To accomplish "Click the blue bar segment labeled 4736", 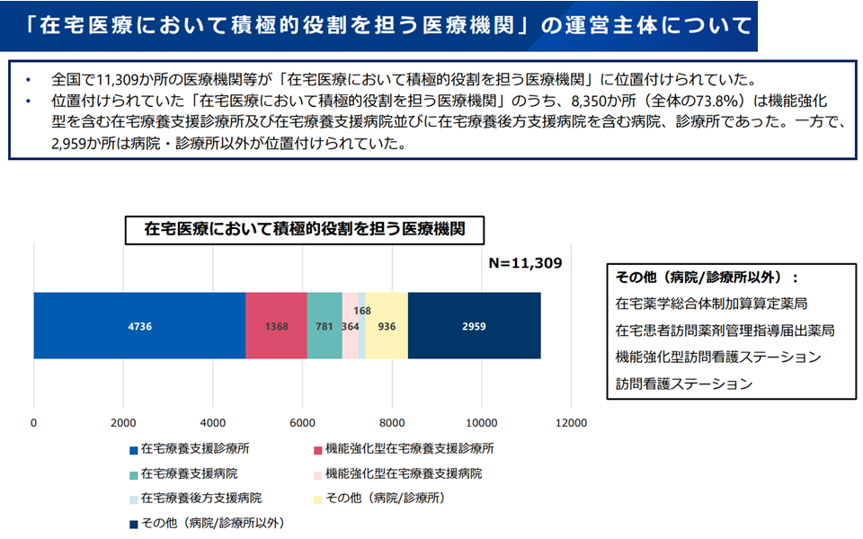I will pos(139,326).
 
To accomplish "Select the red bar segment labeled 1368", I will pos(276,326).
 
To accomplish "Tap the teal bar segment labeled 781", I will pos(324,326).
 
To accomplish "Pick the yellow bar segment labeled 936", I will pos(387,326).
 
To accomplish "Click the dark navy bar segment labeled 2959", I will pos(474,326).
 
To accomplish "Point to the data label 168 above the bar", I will pos(362,311).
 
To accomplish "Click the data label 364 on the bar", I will pos(350,327).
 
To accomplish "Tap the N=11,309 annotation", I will pos(524,263).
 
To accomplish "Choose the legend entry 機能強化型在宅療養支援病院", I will pos(403,473).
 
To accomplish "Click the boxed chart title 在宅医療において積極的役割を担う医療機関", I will pos(304,229).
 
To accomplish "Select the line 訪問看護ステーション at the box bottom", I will pos(683,384).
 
